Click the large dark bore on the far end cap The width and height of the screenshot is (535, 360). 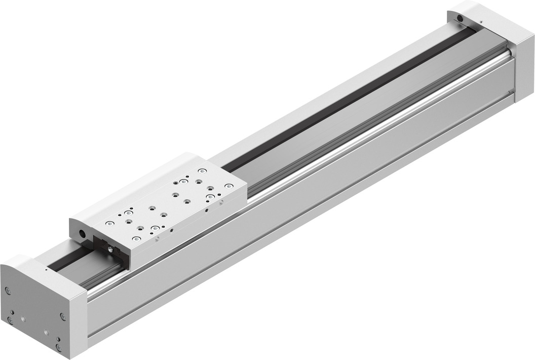click(x=460, y=18)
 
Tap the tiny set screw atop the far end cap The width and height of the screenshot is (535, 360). click(x=480, y=21)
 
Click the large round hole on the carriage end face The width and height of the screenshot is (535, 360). click(x=82, y=234)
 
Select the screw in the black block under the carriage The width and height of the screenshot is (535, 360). click(x=109, y=248)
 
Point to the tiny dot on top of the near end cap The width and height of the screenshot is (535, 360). click(x=46, y=270)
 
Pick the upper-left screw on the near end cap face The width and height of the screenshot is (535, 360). click(x=8, y=291)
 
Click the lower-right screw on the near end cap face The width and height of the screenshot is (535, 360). click(x=59, y=347)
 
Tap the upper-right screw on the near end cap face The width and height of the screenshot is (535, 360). click(x=63, y=316)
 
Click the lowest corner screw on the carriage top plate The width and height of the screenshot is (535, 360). click(x=136, y=239)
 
